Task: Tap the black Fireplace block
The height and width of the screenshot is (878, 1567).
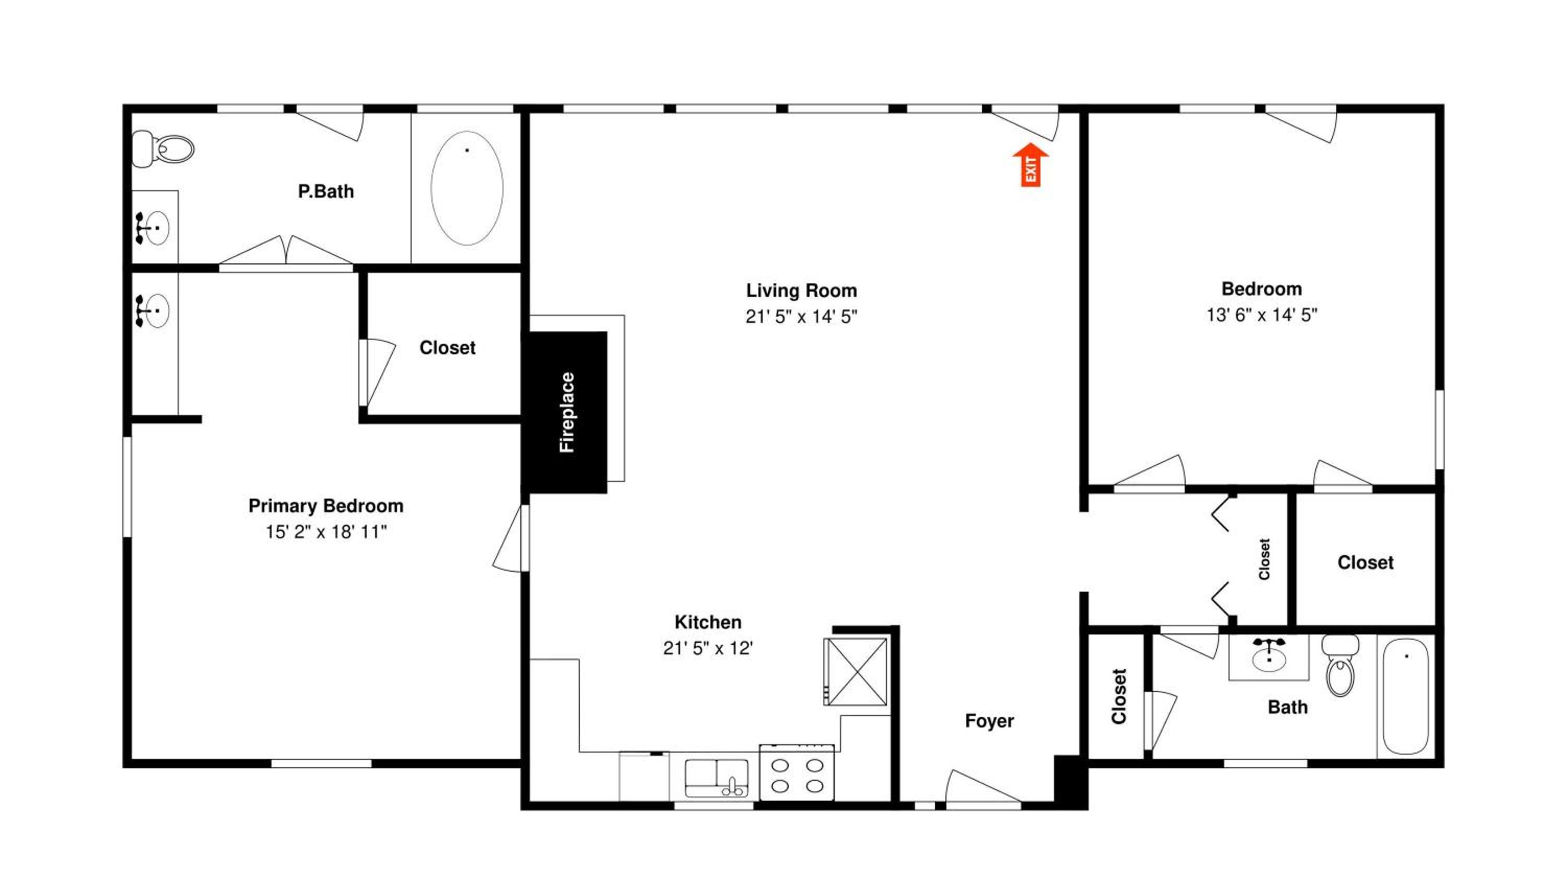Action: click(565, 412)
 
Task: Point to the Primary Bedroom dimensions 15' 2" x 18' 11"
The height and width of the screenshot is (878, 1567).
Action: click(325, 532)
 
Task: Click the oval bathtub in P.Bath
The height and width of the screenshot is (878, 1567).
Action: click(466, 188)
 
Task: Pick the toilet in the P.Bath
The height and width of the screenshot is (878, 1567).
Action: click(163, 148)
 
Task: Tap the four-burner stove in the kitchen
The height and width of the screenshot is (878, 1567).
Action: click(797, 771)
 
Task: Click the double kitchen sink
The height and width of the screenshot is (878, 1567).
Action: click(717, 777)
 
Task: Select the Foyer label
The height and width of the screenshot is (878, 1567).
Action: click(989, 721)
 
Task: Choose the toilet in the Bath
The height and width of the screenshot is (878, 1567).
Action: click(1340, 665)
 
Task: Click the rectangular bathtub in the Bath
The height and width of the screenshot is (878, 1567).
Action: click(1406, 696)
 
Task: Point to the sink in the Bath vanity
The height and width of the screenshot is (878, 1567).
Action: click(1269, 655)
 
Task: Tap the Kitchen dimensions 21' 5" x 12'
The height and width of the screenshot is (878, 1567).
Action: click(708, 648)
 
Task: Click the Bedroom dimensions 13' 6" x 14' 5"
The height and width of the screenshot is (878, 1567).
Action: click(1261, 315)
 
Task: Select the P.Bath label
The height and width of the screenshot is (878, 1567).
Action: click(325, 191)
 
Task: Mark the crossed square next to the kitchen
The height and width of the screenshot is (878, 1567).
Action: click(855, 671)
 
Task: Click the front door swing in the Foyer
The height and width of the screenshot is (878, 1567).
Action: click(983, 786)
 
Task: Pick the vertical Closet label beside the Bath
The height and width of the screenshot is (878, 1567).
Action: click(1119, 697)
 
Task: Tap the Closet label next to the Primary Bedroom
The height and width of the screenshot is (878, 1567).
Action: click(447, 348)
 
